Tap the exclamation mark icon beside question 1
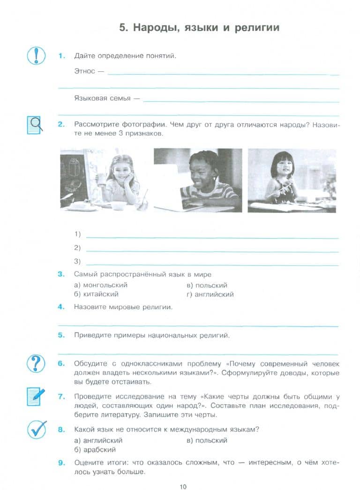click(36, 56)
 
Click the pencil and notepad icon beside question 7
click(36, 396)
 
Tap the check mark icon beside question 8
click(36, 428)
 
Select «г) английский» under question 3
click(210, 294)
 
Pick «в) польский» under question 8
click(207, 440)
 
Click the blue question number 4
click(61, 307)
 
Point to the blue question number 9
click(61, 463)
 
